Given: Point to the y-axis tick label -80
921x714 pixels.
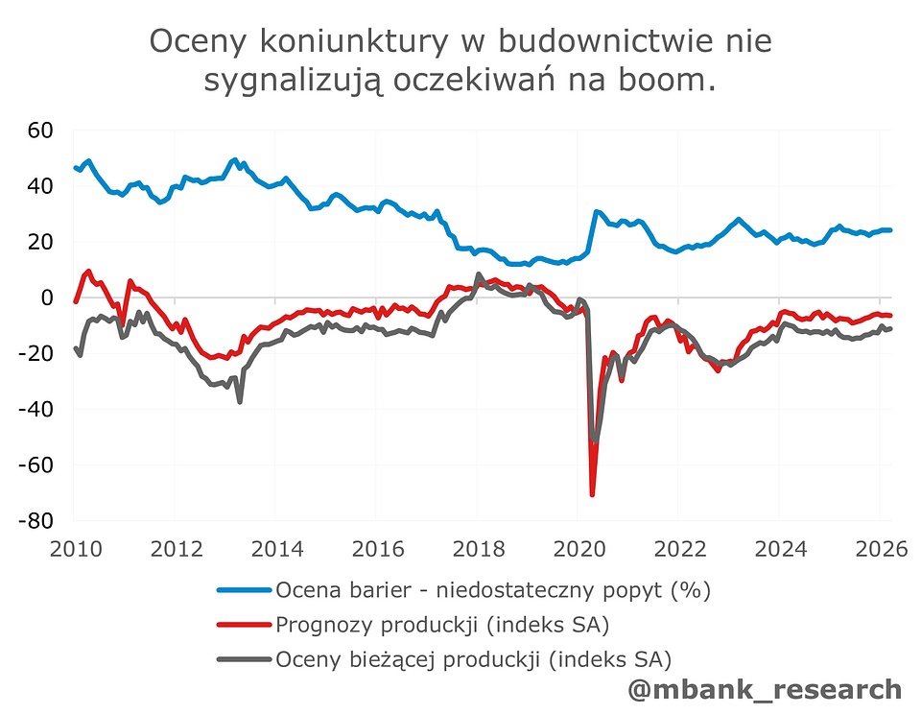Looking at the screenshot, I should [x=38, y=521].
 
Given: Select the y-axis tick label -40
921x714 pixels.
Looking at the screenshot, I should [x=38, y=410].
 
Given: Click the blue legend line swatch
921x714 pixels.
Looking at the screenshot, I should [x=244, y=590].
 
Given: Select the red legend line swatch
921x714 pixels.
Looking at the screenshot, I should [x=244, y=626].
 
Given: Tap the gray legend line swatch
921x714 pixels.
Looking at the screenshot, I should [x=244, y=660].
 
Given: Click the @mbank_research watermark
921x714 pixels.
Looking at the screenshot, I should [x=764, y=689].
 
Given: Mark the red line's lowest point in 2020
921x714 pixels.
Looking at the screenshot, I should [x=592, y=494].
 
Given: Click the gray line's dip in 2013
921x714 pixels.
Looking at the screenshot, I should [x=239, y=400].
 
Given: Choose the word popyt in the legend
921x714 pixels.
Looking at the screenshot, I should [x=633, y=590].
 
